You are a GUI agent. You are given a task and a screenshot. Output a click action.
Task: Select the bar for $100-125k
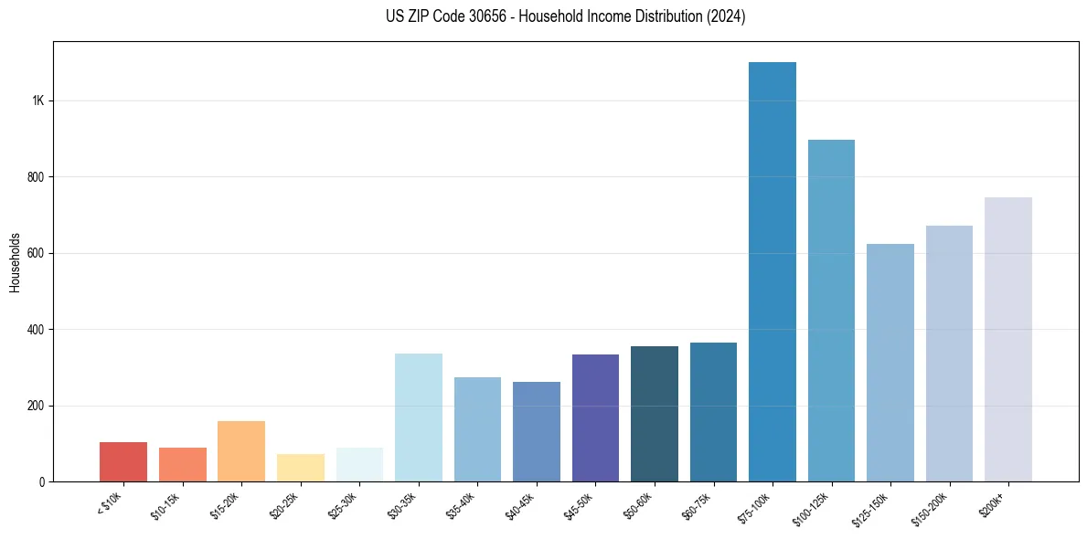pos(831,311)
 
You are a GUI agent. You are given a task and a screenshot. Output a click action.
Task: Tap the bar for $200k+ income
pos(1008,339)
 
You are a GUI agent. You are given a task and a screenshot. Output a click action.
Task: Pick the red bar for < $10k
pos(123,461)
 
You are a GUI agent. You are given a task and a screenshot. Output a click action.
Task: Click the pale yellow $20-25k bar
pos(301,467)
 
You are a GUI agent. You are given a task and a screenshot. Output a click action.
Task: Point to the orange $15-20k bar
pos(241,450)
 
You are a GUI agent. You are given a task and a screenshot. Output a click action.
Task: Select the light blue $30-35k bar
pos(419,417)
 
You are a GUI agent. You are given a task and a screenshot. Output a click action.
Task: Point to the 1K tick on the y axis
pos(38,100)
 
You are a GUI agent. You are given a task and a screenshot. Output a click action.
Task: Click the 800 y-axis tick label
pos(37,176)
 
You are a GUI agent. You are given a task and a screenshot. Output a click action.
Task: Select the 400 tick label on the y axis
pos(37,329)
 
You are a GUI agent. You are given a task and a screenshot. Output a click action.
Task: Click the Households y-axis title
pos(15,261)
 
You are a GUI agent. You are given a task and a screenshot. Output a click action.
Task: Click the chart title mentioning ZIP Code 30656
pos(566,16)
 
